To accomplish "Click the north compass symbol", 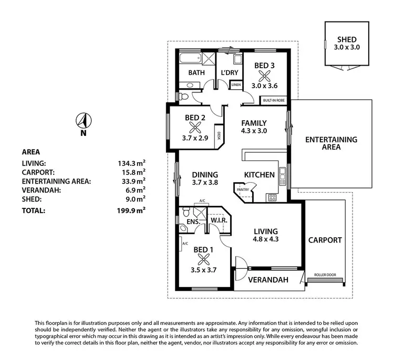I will click(82, 121).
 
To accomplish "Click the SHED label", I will click(347, 39).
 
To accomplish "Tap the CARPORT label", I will click(325, 240).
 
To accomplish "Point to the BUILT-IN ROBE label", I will click(274, 99).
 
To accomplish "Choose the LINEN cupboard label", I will click(236, 84).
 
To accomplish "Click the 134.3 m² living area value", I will click(131, 163).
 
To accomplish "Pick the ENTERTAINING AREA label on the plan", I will click(331, 143).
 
